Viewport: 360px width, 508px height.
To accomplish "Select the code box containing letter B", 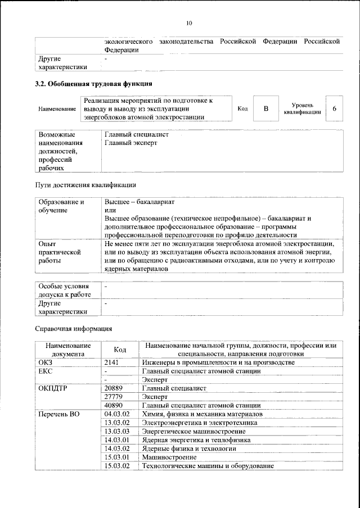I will click(x=265, y=108).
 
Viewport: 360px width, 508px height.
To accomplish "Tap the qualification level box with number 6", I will click(x=335, y=108).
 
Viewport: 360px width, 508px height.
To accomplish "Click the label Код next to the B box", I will click(x=242, y=108).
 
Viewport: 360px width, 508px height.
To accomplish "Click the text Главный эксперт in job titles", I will click(x=131, y=143).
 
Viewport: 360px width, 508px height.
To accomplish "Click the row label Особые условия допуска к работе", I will click(x=64, y=291).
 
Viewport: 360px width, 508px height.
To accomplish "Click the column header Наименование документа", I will click(x=67, y=350).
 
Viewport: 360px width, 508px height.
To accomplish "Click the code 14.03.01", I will click(x=117, y=440).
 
